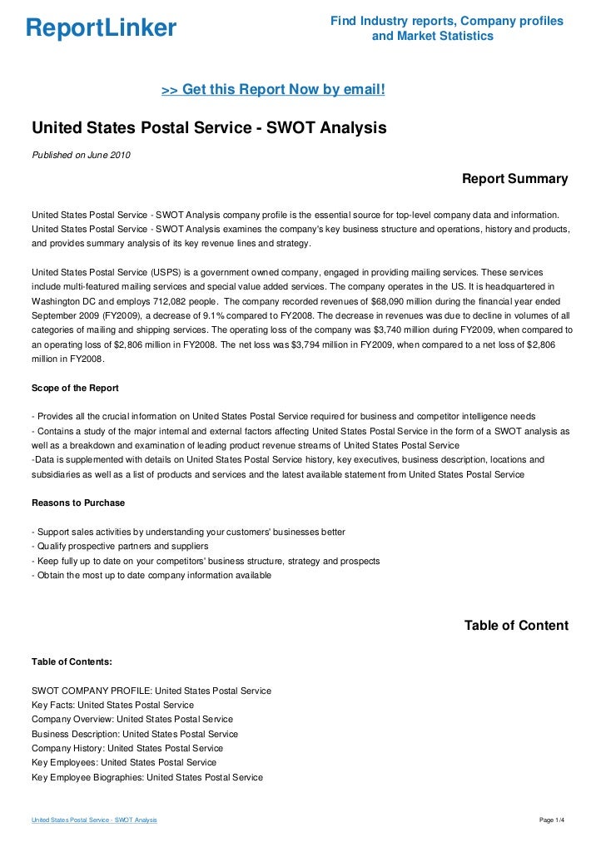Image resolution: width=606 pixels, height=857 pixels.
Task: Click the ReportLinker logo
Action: [101, 28]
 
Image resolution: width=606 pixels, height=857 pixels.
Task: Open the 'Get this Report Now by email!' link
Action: [273, 89]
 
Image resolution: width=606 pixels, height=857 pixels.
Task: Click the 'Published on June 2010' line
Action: [81, 155]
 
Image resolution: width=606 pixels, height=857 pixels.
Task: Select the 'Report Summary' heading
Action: [514, 179]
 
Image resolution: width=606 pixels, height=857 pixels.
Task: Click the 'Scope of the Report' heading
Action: [75, 389]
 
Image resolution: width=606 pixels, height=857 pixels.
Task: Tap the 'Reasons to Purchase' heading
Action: [78, 503]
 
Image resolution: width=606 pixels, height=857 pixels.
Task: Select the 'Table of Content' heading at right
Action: [516, 626]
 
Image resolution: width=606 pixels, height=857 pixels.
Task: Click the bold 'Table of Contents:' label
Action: [72, 661]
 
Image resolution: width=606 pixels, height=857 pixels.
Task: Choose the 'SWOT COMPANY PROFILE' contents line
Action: [151, 691]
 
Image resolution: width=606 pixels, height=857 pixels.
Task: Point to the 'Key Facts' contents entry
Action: [112, 705]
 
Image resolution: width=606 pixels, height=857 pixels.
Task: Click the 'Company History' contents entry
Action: [127, 748]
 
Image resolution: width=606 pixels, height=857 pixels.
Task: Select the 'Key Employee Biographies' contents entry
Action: [147, 777]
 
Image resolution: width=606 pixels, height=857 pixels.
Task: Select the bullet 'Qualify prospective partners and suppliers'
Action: [119, 546]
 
